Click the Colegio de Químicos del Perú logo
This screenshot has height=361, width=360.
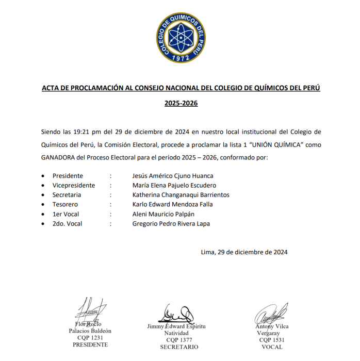click(x=181, y=38)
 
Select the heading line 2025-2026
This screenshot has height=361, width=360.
click(x=181, y=103)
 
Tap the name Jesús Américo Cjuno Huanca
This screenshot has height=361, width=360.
click(x=172, y=176)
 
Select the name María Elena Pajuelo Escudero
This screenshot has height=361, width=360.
click(x=174, y=185)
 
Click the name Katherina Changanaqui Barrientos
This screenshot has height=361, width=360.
click(x=181, y=195)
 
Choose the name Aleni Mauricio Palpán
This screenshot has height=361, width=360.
click(x=163, y=214)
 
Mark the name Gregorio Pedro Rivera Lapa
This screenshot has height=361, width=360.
click(x=171, y=223)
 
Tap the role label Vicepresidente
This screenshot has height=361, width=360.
click(x=73, y=185)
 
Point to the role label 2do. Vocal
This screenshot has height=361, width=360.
click(x=67, y=223)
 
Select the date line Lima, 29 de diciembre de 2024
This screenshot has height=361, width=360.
click(x=244, y=252)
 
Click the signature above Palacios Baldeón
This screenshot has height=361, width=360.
click(x=91, y=310)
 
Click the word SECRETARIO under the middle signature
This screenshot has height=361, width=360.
click(x=179, y=347)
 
